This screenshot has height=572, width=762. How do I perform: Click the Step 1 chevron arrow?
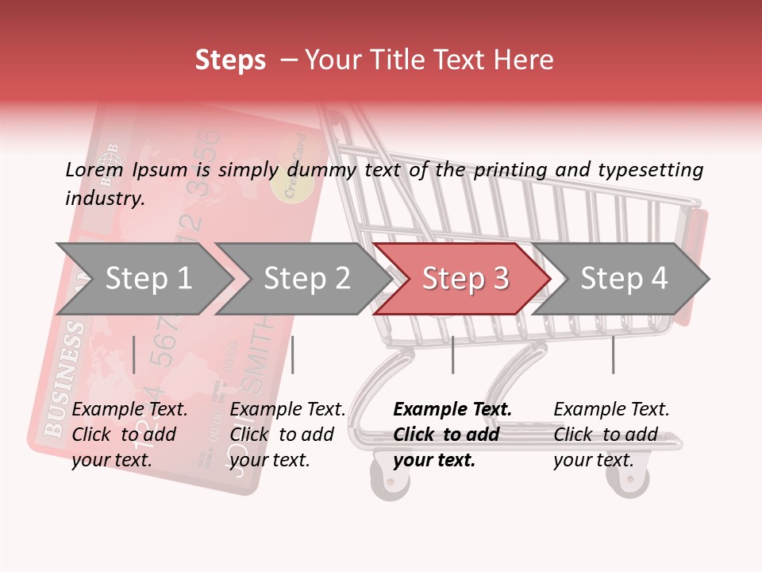pos(143,278)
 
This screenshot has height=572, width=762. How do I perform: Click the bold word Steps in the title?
pos(230,60)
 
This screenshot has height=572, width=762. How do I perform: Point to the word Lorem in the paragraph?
pos(94,169)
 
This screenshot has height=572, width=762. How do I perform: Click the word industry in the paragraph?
pos(105,199)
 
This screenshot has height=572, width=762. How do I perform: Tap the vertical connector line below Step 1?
pos(134,354)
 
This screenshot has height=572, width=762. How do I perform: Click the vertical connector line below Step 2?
pos(293,354)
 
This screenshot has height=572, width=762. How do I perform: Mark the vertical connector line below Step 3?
pos(452,354)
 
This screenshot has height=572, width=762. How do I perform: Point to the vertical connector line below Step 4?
pos(613,354)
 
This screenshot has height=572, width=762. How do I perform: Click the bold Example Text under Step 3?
pos(452,410)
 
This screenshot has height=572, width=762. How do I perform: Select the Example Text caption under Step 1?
pos(129,410)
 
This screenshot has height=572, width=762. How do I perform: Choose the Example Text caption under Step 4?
pos(611,410)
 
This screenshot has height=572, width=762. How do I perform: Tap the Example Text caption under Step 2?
pos(287,410)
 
